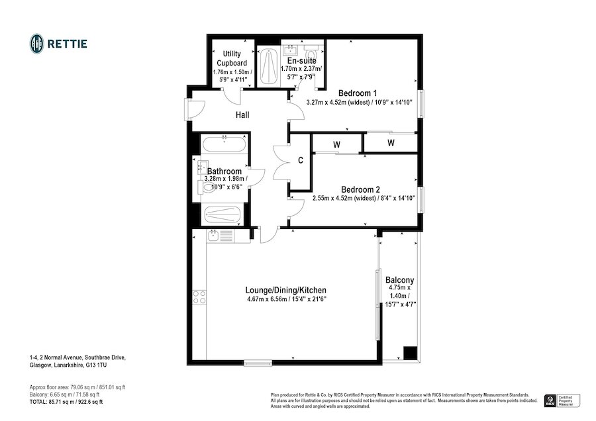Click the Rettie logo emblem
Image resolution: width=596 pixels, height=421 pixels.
click(x=37, y=44)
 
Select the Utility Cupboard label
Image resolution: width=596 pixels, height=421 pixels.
click(x=232, y=58)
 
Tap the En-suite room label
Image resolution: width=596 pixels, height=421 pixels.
click(x=301, y=61)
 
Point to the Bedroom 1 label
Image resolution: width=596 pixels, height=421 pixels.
click(x=358, y=93)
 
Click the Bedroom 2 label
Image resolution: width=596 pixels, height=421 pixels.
click(x=360, y=189)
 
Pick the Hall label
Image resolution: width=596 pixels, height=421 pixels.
click(x=242, y=115)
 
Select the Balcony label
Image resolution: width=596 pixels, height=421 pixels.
click(x=399, y=280)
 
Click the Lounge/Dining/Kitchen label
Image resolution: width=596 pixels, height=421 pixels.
click(x=286, y=291)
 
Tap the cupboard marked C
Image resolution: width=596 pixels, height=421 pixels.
click(x=300, y=161)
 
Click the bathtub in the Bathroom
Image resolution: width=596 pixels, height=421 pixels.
click(x=224, y=144)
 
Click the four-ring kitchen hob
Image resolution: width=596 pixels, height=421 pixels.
click(x=199, y=297)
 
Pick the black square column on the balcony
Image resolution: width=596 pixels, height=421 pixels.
click(x=410, y=353)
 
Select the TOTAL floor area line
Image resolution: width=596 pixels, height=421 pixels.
click(x=66, y=402)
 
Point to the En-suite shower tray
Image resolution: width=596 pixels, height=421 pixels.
click(x=269, y=67)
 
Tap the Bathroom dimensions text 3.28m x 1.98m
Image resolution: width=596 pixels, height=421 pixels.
click(x=226, y=179)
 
